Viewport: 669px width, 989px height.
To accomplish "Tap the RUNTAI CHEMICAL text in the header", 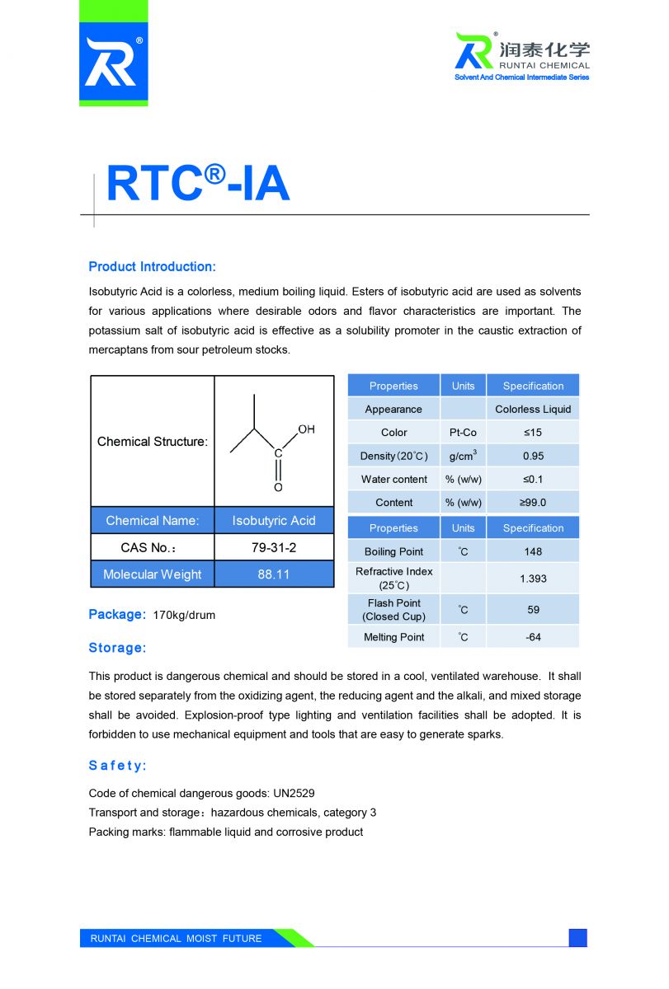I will click(544, 65).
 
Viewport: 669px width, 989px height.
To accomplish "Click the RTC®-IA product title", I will click(198, 183).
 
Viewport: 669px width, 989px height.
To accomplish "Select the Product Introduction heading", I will click(152, 267).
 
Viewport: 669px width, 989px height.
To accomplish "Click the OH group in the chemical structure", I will click(306, 429).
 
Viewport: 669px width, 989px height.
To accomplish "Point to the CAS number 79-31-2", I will click(274, 547).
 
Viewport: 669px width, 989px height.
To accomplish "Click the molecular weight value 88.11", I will click(274, 574).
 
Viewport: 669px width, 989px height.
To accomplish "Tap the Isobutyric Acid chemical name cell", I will click(274, 521).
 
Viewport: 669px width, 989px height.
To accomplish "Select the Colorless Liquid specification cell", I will click(533, 410).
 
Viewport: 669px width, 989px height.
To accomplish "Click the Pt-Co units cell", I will click(463, 433).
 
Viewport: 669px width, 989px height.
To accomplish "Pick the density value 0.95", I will click(533, 456).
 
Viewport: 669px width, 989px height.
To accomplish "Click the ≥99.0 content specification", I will click(533, 503).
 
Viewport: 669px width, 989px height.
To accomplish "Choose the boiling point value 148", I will click(533, 552).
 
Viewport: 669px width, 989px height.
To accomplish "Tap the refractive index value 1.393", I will click(533, 579).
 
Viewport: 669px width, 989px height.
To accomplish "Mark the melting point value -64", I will click(533, 637).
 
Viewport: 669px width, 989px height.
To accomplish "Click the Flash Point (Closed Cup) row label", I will click(394, 610).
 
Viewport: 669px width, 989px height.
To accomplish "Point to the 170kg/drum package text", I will click(184, 616).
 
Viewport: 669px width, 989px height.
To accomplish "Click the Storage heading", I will click(117, 648).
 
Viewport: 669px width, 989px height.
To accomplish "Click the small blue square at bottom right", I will click(577, 938).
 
